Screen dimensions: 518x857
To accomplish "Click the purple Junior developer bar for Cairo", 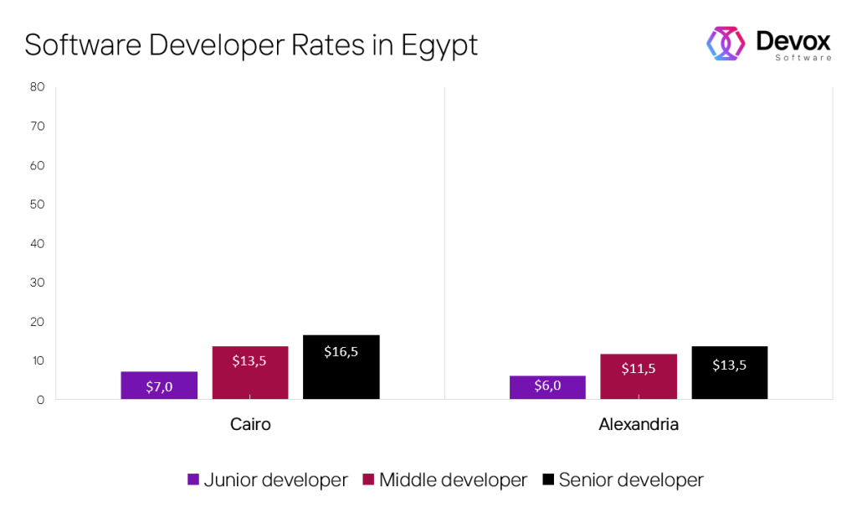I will [159, 385].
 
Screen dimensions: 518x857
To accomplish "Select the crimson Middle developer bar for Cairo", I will [250, 372].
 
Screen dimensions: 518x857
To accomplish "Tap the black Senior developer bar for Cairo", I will [341, 366].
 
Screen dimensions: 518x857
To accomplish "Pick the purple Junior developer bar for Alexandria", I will [547, 387].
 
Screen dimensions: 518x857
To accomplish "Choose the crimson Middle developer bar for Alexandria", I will [639, 376].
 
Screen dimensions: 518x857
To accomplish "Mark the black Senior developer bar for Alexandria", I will [730, 372].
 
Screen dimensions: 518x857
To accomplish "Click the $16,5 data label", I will [341, 351].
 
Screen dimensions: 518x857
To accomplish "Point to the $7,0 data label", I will [159, 386].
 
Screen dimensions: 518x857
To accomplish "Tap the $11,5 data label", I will [639, 368].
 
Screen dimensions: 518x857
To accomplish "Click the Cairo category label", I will [250, 425].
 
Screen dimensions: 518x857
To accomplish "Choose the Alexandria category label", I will [639, 425].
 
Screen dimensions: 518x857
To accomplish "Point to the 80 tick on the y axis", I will [37, 87].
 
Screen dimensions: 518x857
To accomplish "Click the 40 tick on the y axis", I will [37, 244].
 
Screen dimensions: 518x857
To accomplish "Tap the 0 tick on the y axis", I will [40, 401].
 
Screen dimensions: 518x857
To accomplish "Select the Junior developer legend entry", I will [267, 480].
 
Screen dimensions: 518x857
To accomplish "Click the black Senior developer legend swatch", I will [548, 480].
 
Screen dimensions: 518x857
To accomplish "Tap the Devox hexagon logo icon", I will [726, 43].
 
